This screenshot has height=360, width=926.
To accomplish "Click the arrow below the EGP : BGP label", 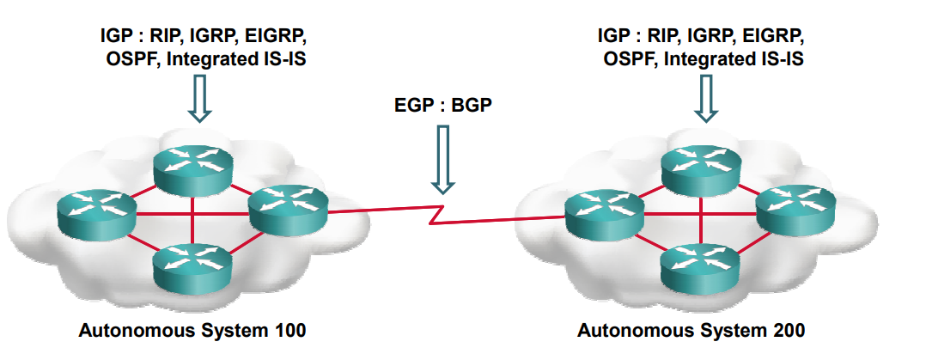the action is [x=443, y=158].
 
